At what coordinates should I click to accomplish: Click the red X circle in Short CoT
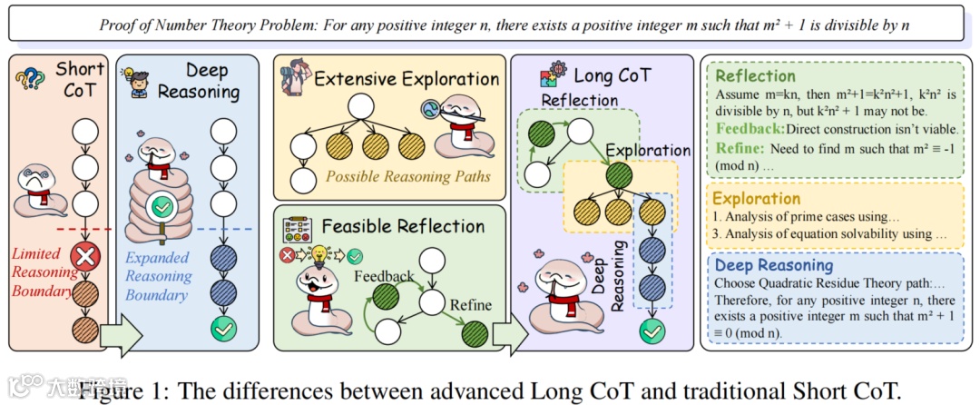[84, 257]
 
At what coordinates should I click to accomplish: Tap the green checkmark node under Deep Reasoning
[222, 328]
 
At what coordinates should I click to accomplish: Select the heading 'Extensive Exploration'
[407, 79]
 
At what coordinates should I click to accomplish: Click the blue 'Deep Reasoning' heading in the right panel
[773, 265]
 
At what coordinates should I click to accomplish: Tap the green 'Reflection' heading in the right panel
[755, 76]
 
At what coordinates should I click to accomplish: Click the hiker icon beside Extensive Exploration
[295, 75]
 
